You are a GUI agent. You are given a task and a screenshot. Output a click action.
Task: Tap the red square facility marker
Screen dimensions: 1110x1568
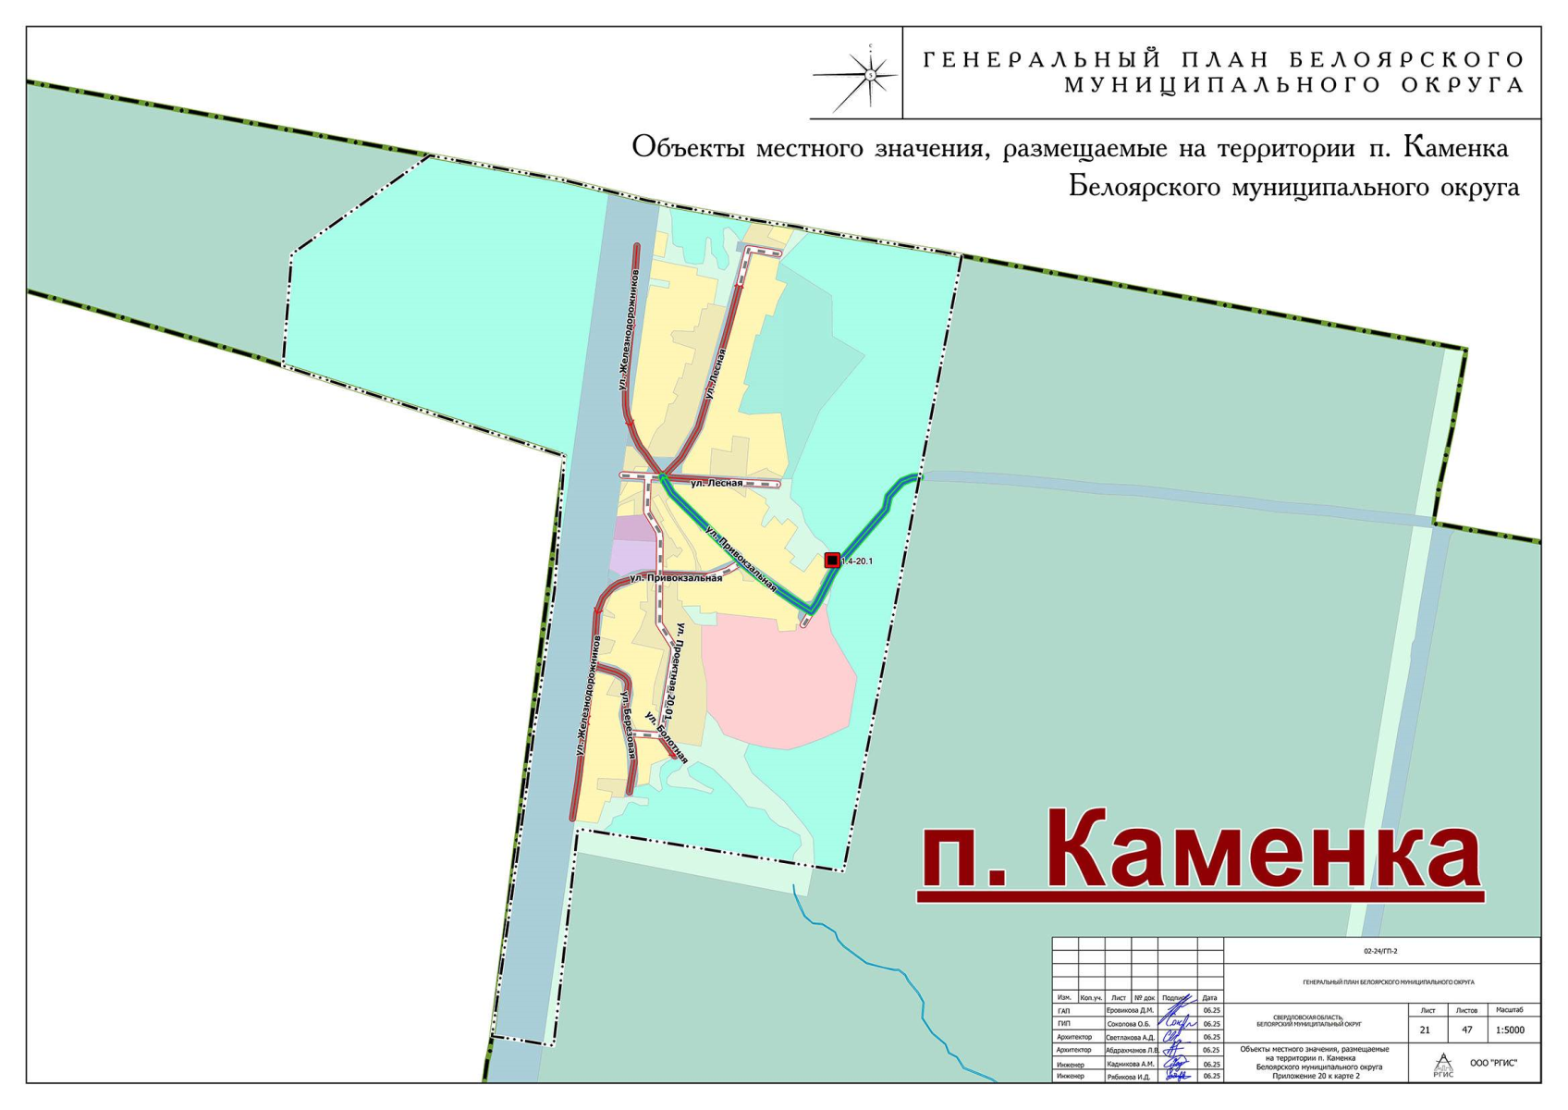coord(832,561)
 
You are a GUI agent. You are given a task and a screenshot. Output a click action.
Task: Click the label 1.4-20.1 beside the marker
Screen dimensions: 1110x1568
coord(857,561)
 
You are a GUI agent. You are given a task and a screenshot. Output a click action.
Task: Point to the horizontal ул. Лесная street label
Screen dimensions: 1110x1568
coord(717,483)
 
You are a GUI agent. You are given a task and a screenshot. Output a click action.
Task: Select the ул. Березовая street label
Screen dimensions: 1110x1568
coord(628,725)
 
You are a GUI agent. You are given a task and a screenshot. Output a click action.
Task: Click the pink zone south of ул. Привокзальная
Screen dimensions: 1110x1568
coord(777,684)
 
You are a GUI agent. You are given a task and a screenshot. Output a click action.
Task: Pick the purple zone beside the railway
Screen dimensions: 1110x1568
coord(632,546)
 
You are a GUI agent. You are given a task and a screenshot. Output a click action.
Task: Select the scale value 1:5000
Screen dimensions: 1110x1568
coord(1510,1030)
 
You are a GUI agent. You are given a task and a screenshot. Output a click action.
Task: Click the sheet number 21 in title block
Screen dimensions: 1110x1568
coord(1425,1030)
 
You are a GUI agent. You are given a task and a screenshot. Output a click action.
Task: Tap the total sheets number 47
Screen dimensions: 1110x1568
coord(1466,1030)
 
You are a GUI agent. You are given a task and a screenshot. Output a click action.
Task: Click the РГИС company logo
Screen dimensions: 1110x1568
coord(1442,1065)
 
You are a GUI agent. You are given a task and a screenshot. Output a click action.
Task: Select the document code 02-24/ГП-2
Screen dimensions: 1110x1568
coord(1380,951)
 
